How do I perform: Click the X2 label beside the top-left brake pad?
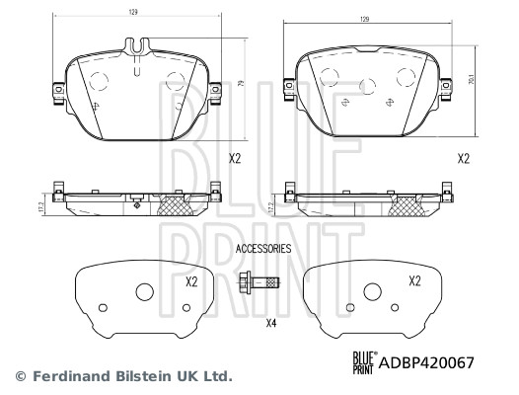235,158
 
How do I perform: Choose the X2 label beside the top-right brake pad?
463,158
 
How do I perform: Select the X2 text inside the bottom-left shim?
191,281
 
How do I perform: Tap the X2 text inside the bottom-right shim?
416,281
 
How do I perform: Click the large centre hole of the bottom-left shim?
145,292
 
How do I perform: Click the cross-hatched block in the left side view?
177,205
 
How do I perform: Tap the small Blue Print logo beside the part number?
361,363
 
